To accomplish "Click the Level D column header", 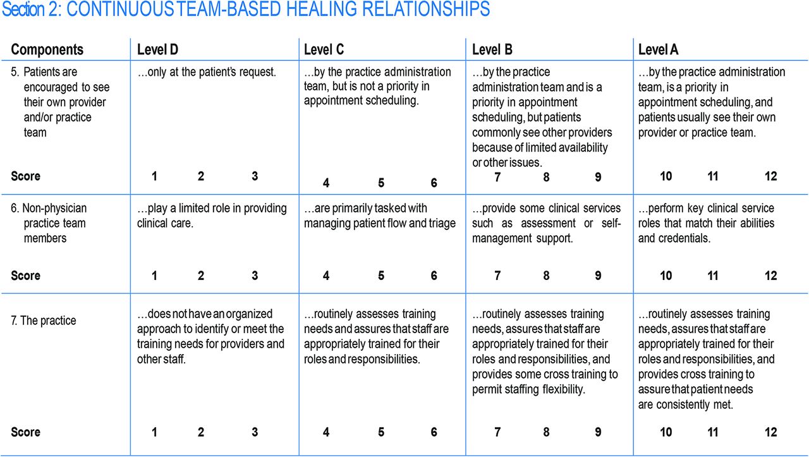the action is coord(157,49).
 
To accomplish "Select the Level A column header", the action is coord(658,49).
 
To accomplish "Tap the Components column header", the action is coord(47,49).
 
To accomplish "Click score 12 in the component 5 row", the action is coord(770,176).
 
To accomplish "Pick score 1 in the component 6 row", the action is coord(154,276).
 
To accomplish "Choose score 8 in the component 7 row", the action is coord(546,432).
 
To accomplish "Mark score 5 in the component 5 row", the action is coord(381,183).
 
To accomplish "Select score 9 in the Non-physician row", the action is coord(598,276).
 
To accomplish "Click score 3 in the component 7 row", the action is coord(255,432).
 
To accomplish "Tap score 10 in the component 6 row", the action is coord(666,276).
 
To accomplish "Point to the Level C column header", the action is coord(324,49).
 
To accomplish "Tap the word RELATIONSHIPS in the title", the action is coord(426,9).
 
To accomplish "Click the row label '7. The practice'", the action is coord(44,320).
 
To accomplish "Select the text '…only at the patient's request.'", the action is coord(207,72).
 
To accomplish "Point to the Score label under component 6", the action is coord(25,276).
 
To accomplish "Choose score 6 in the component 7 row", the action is coord(434,432).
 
